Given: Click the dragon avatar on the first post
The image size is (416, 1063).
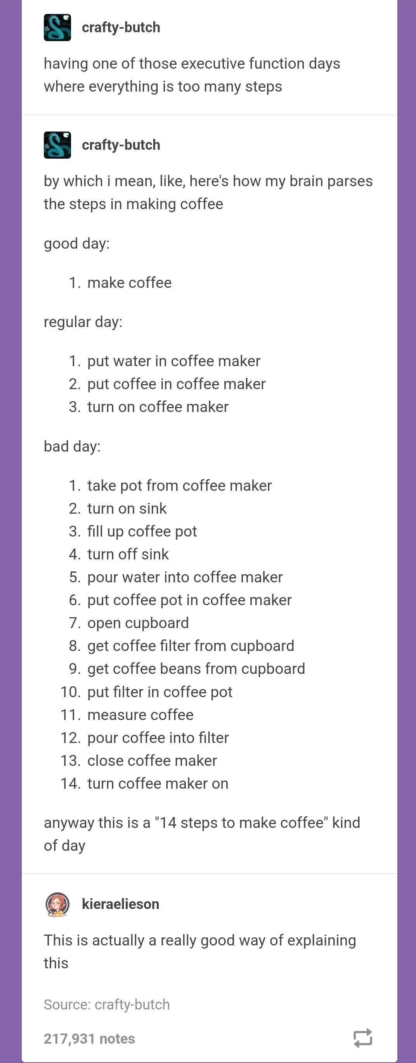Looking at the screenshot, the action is tap(57, 28).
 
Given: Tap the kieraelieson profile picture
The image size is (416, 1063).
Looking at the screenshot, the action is tap(57, 904).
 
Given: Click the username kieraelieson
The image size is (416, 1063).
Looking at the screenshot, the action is tap(121, 904).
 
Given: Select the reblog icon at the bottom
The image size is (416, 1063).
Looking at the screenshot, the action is tap(363, 1038).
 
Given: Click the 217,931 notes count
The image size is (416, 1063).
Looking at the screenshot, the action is tap(89, 1038).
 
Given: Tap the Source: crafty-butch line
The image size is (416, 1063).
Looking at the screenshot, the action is tap(106, 1004).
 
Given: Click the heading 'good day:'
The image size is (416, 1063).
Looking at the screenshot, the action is tap(77, 244).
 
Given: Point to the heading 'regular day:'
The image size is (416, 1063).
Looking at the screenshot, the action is tap(83, 322).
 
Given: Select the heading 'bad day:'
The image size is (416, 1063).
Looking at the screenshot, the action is tap(72, 446).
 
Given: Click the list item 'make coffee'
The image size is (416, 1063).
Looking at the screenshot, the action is tap(129, 283).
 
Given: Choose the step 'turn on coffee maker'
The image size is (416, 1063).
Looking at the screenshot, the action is tap(158, 407).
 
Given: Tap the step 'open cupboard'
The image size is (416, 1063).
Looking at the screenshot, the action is tap(138, 623).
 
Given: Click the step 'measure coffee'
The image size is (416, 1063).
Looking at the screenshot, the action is tap(140, 715).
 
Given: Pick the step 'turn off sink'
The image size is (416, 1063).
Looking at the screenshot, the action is tap(128, 554).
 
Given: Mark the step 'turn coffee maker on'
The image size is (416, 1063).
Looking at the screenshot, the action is tap(158, 784).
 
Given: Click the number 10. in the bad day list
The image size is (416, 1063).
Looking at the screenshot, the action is tap(71, 692).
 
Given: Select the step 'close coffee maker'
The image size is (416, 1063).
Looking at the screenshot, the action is tap(152, 760).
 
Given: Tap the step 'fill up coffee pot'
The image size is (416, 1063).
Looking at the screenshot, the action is tap(142, 531).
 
